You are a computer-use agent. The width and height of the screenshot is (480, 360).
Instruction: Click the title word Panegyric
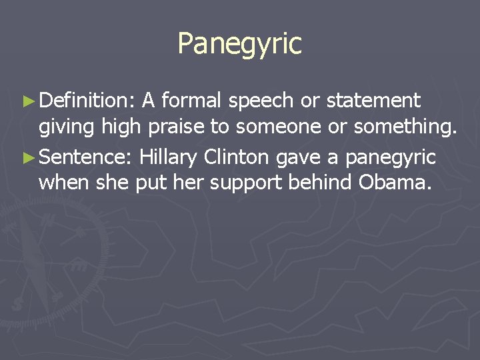pyautogui.click(x=239, y=44)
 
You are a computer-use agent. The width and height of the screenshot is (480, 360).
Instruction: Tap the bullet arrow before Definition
pyautogui.click(x=27, y=101)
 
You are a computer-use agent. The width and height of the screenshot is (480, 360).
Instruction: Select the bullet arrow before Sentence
pyautogui.click(x=27, y=158)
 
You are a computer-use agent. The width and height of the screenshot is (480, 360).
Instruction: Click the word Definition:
pyautogui.click(x=87, y=101)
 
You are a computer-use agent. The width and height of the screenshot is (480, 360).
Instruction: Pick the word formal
pyautogui.click(x=192, y=101)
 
